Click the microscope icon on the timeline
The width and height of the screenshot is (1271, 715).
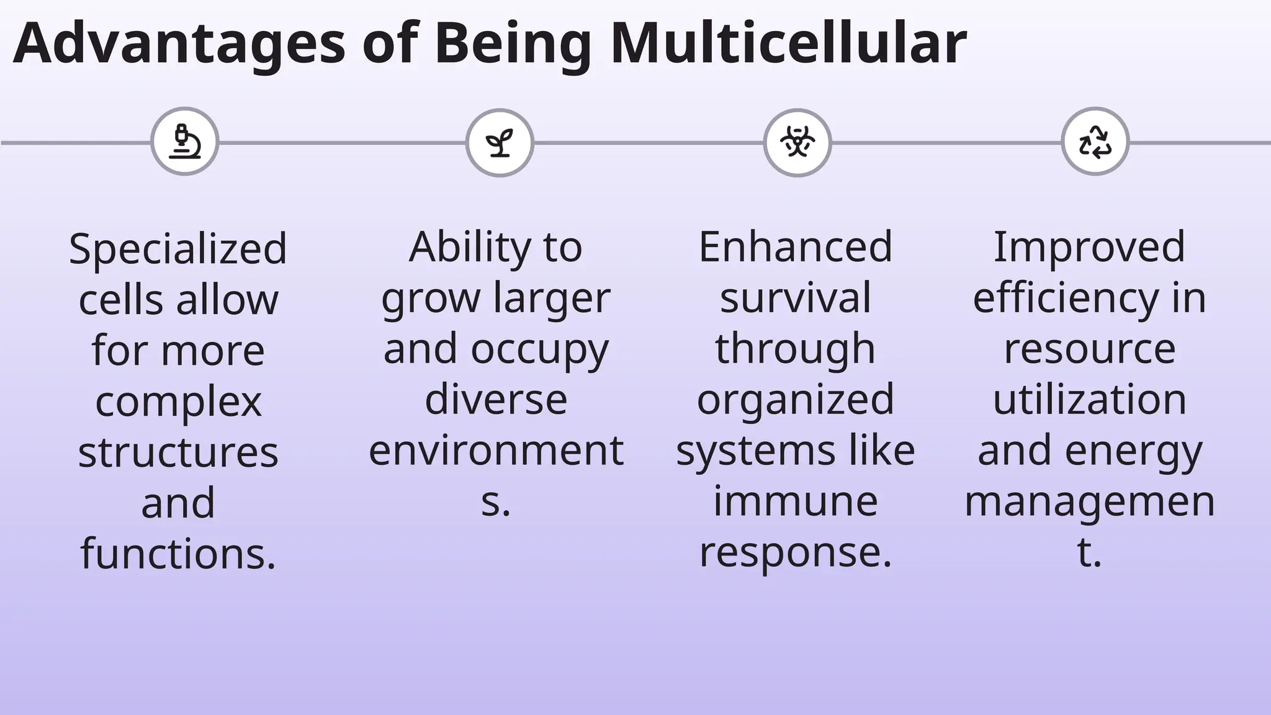(x=185, y=142)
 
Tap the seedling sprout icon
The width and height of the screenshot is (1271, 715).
(x=500, y=143)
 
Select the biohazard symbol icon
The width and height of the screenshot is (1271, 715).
(x=797, y=143)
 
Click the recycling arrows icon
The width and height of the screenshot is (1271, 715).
(x=1095, y=142)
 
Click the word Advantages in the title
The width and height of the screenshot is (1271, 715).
(x=179, y=43)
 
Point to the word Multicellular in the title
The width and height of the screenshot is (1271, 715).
(x=788, y=43)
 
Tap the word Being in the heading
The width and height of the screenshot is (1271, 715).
(x=513, y=43)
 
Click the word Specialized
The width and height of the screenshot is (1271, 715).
(x=178, y=249)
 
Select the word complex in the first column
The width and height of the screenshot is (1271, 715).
(x=178, y=402)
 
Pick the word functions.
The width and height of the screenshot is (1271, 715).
(x=178, y=554)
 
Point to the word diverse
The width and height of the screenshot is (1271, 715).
(x=496, y=399)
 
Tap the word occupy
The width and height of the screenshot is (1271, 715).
(x=540, y=349)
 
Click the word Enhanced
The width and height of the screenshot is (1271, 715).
(x=796, y=247)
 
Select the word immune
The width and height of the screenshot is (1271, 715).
(x=796, y=501)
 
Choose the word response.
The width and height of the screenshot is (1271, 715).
(x=796, y=552)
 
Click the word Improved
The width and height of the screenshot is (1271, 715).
(x=1090, y=247)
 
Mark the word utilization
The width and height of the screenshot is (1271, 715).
(x=1090, y=399)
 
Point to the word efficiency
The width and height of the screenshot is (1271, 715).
(x=1065, y=298)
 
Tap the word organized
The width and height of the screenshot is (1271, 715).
(x=796, y=399)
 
